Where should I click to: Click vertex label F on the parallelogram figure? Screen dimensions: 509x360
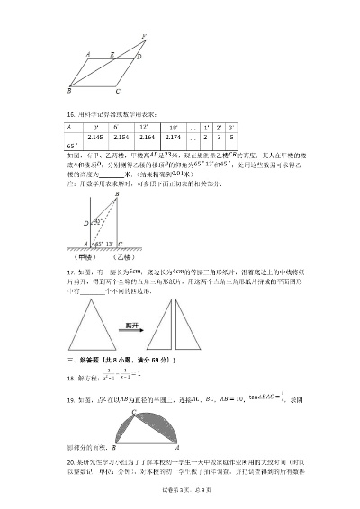[x=144, y=37]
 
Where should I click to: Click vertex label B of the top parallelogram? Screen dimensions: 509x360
[x=70, y=91]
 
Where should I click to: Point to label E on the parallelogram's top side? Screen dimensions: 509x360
[x=112, y=54]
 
